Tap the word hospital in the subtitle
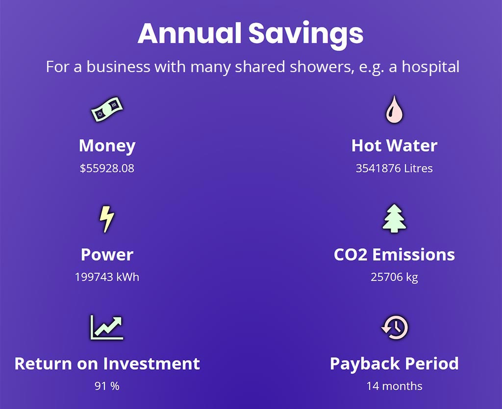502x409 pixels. coord(430,67)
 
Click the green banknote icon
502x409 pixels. coord(107,109)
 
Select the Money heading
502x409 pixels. coord(107,146)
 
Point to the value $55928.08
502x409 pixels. coord(107,168)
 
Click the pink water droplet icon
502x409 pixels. coord(394,109)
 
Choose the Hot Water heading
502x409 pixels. coord(395,146)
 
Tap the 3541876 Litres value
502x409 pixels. coord(394,168)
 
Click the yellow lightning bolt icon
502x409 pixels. coord(107,219)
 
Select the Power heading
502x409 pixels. coord(107,255)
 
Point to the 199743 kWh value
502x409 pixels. coord(107,277)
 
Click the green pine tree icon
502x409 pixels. coord(395,218)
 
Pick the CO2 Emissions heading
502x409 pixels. coord(395,255)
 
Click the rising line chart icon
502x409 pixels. coord(107,327)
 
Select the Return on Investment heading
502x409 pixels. coord(107,363)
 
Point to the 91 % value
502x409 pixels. coord(107,386)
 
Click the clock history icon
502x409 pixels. coord(395,327)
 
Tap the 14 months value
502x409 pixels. coord(395,386)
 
